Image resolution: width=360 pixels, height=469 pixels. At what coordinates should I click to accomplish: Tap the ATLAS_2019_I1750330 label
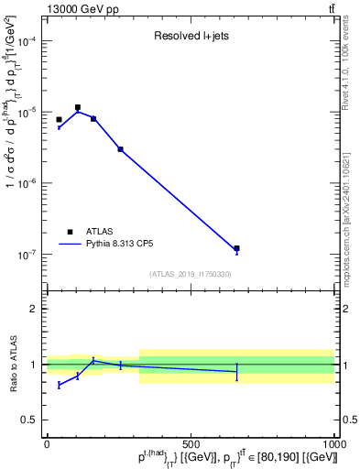[x=191, y=274]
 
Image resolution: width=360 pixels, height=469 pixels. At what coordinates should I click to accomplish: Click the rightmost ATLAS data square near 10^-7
[x=236, y=248]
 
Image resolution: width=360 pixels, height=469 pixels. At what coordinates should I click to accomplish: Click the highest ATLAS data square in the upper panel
[x=78, y=107]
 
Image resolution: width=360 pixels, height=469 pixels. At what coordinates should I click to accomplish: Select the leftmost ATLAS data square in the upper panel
[x=59, y=120]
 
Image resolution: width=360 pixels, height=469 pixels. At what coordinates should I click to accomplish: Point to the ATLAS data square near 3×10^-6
[x=120, y=149]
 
